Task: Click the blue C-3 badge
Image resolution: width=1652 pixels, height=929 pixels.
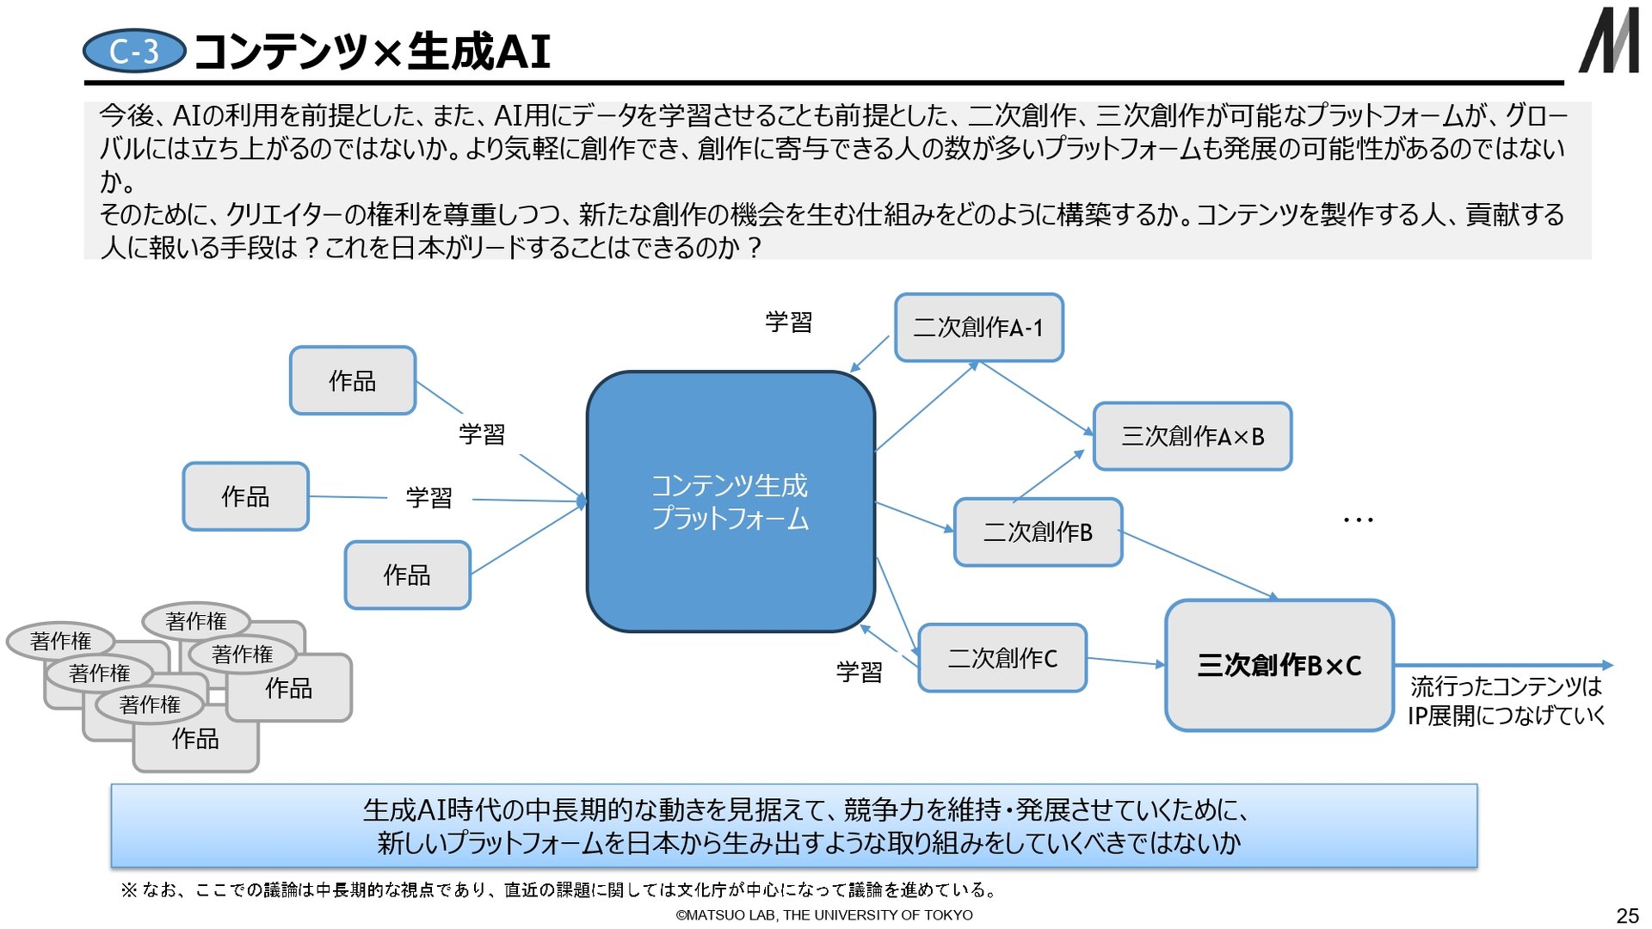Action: (134, 52)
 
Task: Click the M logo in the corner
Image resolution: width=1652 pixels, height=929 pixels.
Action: (1608, 40)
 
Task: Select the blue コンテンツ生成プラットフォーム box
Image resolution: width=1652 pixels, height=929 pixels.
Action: (730, 501)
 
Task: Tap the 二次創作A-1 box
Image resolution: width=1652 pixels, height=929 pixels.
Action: (979, 328)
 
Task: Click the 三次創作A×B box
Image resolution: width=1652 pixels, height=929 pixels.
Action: (1192, 436)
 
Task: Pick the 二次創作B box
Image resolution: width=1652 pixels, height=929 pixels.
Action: (1038, 532)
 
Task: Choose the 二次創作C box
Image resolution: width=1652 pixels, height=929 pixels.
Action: (1002, 659)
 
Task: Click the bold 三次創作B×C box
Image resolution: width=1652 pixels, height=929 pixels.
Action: (1279, 666)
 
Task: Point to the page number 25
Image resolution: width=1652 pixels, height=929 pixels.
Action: (1627, 915)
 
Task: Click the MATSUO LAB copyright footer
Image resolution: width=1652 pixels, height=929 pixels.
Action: (824, 915)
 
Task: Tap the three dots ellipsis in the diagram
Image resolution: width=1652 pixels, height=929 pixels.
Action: (1358, 520)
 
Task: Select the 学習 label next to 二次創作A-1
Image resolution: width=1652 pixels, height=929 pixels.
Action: (788, 323)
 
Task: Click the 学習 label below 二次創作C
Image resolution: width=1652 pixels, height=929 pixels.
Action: (859, 672)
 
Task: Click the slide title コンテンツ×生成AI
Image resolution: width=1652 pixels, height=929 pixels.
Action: (372, 52)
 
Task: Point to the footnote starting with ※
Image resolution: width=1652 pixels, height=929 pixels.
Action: (559, 889)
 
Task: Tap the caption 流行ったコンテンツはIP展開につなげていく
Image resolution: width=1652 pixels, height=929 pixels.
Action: (1506, 701)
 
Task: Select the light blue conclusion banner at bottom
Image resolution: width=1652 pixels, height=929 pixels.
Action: (793, 826)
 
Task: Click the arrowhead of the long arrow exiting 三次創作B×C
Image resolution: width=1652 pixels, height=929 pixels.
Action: (1607, 665)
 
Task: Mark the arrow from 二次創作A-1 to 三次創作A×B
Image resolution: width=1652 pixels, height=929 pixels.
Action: (1036, 398)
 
